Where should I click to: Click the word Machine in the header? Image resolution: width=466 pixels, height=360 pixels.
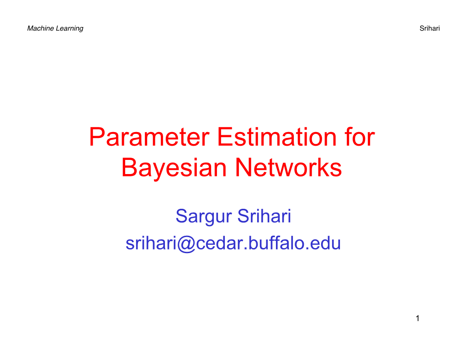pos(40,28)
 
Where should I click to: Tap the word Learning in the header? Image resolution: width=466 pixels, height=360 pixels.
pos(69,28)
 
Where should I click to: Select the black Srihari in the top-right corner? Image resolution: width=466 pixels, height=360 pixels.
pos(429,28)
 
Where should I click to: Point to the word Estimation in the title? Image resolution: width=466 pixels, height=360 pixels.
pos(277,137)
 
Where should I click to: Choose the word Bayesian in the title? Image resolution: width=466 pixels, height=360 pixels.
pos(175,169)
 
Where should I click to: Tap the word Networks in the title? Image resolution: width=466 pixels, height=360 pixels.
pos(288,168)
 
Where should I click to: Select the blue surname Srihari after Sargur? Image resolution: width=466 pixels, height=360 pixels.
pos(264,216)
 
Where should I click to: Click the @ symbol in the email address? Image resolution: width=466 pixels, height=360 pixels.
pos(186,244)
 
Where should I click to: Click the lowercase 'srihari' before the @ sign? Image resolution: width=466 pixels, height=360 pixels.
pos(151,243)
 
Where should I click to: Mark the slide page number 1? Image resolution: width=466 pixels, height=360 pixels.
pos(418,318)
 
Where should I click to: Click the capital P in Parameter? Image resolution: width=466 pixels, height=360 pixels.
pos(96,137)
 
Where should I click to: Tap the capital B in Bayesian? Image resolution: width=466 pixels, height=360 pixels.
pos(130,168)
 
